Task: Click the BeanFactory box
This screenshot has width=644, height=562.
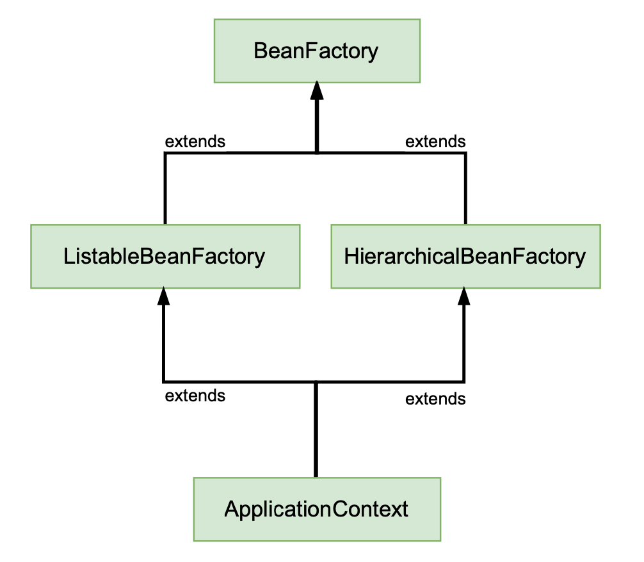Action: coord(317,51)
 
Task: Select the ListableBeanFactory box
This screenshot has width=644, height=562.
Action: coord(165,256)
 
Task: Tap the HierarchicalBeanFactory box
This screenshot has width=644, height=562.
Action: coord(466,256)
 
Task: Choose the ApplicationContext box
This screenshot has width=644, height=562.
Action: coord(317,509)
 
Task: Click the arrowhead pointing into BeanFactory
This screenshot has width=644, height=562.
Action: coord(317,90)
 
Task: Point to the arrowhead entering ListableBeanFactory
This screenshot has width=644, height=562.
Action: coord(163,296)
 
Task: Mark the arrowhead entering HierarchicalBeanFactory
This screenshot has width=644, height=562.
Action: coord(464,296)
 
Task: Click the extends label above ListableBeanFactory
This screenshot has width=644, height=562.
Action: coord(195,141)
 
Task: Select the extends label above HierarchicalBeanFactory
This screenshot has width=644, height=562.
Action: coord(435,141)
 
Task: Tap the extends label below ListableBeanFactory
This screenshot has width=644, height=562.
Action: coord(195,396)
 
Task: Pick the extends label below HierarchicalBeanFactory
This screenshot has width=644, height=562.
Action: coord(435,399)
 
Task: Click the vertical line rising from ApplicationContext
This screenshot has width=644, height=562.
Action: coord(316,430)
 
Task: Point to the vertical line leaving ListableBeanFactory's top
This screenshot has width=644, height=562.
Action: coord(165,189)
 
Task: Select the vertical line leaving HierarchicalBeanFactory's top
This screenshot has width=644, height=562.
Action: coord(465,189)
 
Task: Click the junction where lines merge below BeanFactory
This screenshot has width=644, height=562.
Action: coord(317,153)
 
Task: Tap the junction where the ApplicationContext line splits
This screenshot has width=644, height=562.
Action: coord(316,382)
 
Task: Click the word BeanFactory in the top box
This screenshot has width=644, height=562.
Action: coord(316,51)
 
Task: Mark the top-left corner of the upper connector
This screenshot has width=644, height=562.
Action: coord(165,153)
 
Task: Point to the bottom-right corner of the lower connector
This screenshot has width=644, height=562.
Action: coord(464,382)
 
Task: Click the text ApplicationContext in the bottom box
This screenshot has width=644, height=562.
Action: coord(316,510)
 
